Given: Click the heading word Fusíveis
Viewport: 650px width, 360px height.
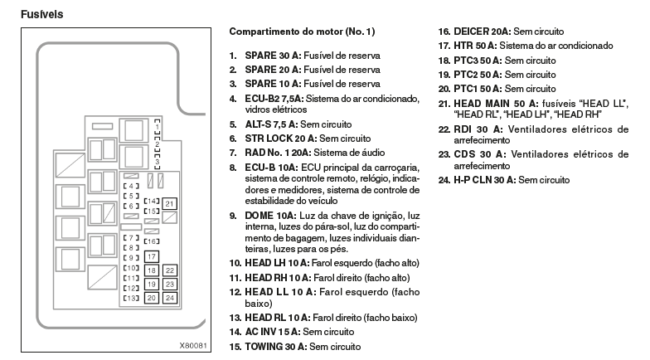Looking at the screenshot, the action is coord(41,14).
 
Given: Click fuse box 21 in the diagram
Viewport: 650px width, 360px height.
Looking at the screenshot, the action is coord(169,204).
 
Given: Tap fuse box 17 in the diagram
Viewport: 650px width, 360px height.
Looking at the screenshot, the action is coord(151,257).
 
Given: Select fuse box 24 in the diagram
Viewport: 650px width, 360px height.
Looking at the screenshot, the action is coord(169,298).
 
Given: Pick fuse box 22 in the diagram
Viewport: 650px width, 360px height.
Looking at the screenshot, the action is coord(169,270).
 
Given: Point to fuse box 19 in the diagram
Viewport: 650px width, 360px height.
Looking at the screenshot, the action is coord(151,284).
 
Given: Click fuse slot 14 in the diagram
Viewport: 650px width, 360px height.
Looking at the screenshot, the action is coord(152,201).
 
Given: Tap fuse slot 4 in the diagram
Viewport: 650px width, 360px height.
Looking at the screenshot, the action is coord(131,186).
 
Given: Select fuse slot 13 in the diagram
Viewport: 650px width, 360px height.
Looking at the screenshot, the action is coord(131,298).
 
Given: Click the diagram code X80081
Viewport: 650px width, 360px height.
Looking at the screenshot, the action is coord(192,345).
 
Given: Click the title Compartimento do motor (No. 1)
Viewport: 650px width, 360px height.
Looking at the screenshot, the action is coord(302,32).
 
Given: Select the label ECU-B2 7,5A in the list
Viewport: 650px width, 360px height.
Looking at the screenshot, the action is coord(274,99).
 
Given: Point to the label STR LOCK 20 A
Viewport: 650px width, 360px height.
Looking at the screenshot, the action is coord(280,139).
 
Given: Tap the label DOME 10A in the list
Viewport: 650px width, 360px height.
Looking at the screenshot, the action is coord(270,216).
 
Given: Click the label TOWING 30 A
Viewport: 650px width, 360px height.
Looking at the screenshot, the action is coord(275,347).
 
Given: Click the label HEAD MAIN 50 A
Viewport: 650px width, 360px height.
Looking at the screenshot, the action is coord(496,104).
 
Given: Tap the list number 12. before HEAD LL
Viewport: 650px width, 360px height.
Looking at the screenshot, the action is coord(235,292).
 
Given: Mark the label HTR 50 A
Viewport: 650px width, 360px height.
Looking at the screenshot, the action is coord(475,46).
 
